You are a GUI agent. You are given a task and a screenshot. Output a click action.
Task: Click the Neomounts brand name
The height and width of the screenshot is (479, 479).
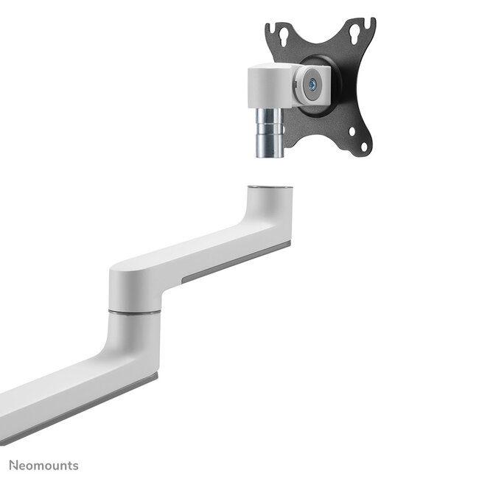[43, 465]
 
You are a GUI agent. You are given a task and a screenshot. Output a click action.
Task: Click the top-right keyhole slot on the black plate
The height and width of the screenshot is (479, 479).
[358, 32]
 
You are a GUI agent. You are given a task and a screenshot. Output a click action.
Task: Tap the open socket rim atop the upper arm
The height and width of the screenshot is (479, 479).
[270, 189]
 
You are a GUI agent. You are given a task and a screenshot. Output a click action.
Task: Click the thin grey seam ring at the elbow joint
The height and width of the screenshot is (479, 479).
[135, 312]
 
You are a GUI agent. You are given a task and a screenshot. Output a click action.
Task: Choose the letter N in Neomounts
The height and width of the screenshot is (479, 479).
[13, 465]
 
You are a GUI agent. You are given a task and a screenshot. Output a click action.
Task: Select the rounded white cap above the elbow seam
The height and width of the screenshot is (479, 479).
[134, 287]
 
